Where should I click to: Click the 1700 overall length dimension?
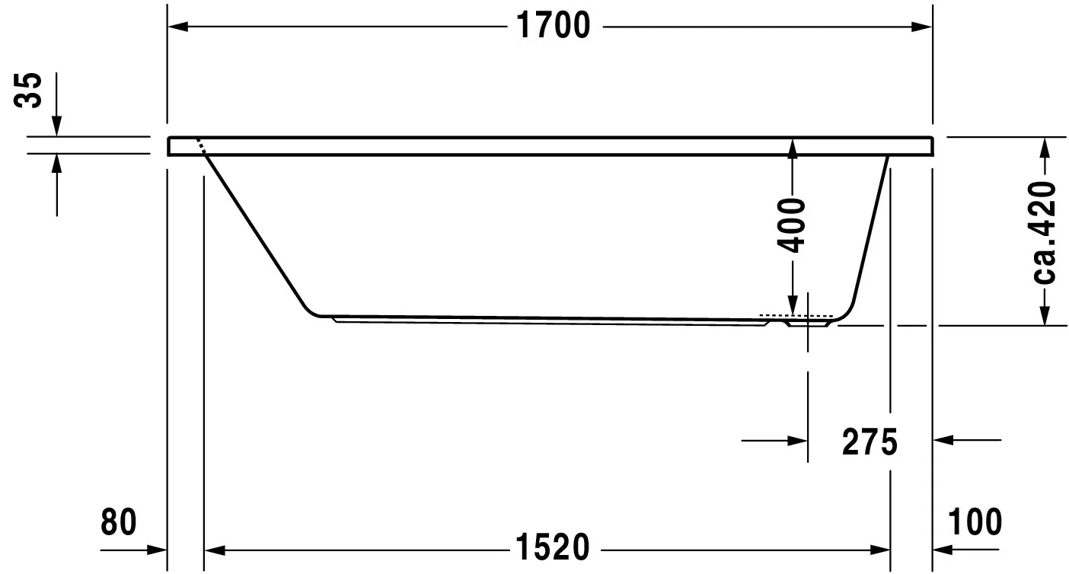pyautogui.click(x=554, y=27)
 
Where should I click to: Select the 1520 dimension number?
pyautogui.click(x=554, y=547)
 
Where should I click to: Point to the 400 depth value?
pyautogui.click(x=793, y=225)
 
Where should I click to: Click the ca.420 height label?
pyautogui.click(x=1045, y=232)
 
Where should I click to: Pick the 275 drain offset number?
pyautogui.click(x=870, y=442)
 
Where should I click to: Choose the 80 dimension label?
pyautogui.click(x=118, y=522)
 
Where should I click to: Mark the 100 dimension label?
pyautogui.click(x=975, y=522)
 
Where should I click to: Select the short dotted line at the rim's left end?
pyautogui.click(x=201, y=147)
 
